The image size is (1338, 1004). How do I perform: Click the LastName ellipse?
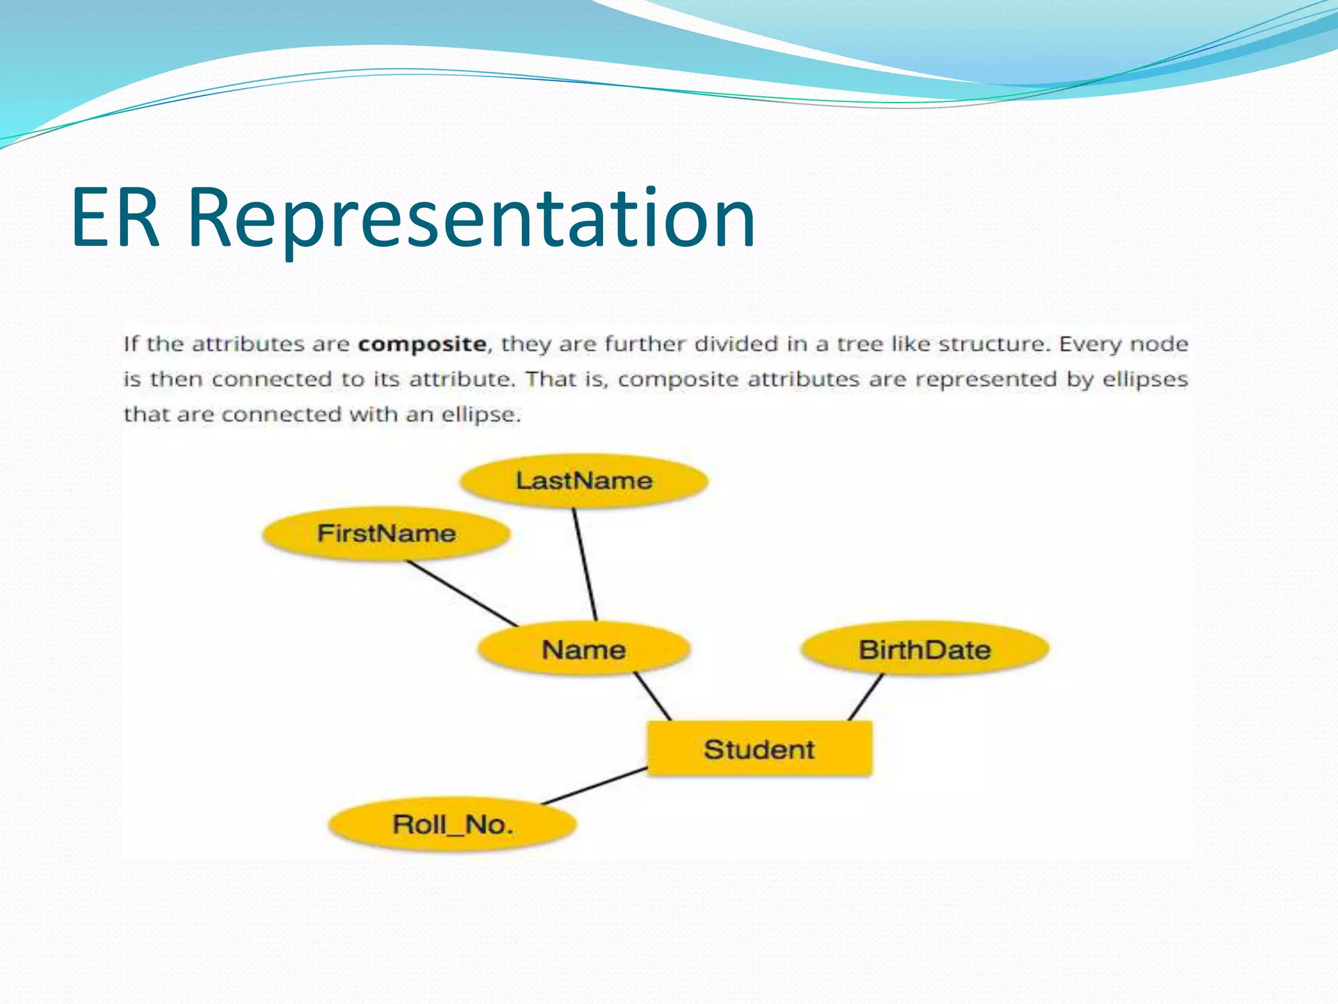(x=583, y=481)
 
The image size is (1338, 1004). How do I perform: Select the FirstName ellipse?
(x=386, y=533)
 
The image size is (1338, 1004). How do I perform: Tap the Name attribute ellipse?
(x=583, y=650)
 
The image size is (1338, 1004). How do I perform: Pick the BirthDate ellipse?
(x=924, y=650)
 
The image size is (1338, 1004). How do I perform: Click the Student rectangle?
(x=759, y=749)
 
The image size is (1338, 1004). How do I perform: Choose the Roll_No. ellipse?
(x=452, y=824)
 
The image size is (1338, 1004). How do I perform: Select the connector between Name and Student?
(x=653, y=697)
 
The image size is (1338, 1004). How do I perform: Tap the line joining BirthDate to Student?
(x=866, y=697)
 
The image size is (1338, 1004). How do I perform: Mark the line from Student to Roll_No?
(x=595, y=786)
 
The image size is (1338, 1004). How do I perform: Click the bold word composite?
(x=422, y=344)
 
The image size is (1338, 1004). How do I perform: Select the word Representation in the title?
(x=470, y=219)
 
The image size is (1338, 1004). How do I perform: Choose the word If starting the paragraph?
(x=131, y=344)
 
